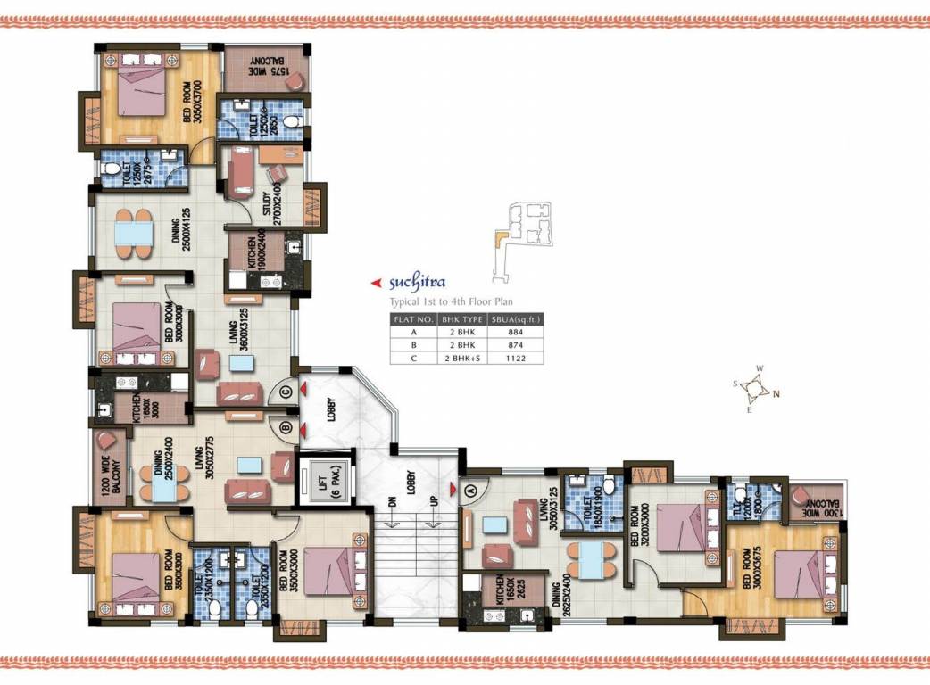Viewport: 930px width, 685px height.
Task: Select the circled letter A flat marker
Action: pyautogui.click(x=470, y=488)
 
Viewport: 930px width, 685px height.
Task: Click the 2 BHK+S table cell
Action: pyautogui.click(x=461, y=359)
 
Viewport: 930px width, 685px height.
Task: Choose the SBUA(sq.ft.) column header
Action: pyautogui.click(x=516, y=318)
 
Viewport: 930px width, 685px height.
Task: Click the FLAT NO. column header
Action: pyautogui.click(x=412, y=318)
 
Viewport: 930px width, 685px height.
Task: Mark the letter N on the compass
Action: pyautogui.click(x=776, y=393)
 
